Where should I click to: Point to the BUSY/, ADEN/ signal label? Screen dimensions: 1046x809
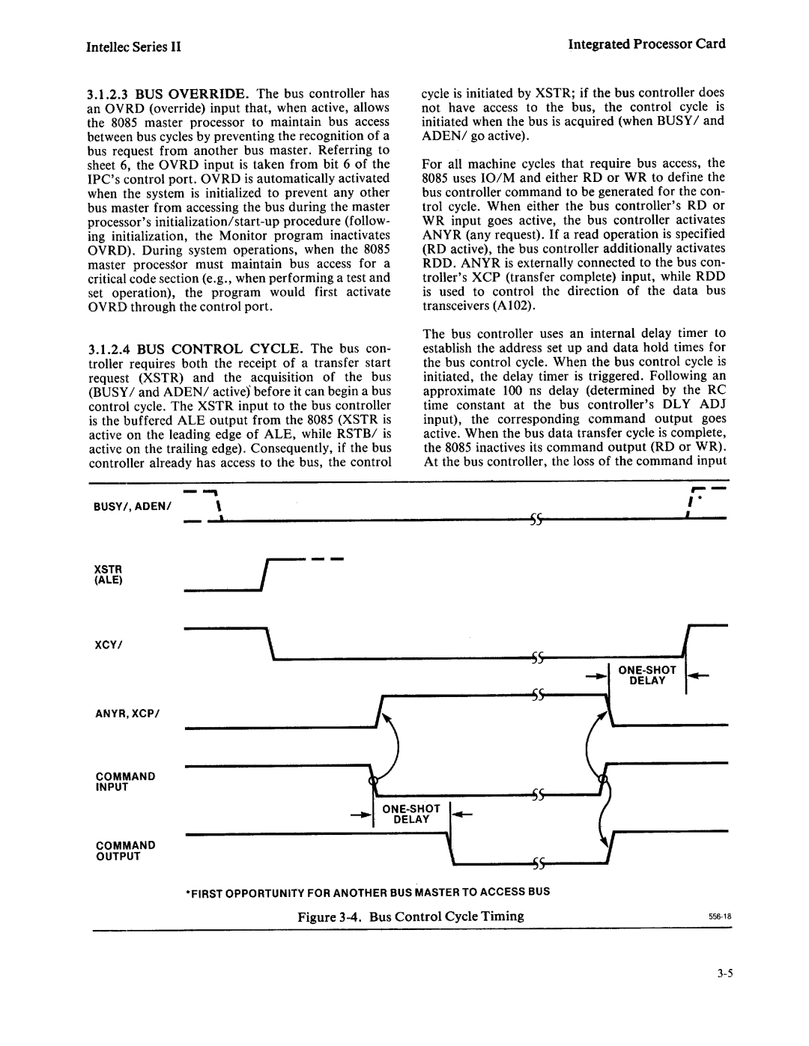[x=134, y=507]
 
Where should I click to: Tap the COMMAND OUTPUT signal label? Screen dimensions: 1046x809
[x=125, y=851]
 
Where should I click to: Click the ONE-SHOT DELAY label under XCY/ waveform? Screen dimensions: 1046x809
[x=648, y=675]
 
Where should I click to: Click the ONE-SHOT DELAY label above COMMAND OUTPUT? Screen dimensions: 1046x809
[x=412, y=814]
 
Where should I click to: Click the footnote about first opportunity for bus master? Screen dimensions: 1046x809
[x=368, y=892]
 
